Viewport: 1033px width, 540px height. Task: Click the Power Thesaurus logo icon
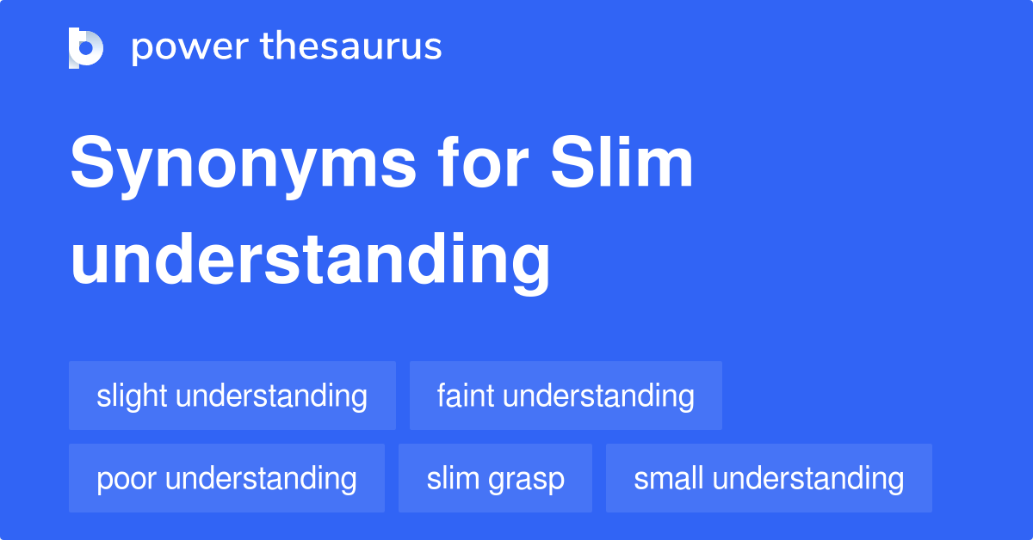86,47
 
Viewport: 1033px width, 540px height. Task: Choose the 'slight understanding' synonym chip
232,396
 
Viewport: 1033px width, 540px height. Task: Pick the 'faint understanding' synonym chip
566,396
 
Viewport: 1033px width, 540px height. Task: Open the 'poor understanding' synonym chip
226,478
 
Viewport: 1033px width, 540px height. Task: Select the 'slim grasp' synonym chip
495,478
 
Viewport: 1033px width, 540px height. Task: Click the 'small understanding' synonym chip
769,478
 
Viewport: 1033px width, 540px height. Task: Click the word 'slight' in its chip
131,396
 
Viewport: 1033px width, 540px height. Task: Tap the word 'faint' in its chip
466,396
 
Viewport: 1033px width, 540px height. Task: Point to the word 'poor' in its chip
127,478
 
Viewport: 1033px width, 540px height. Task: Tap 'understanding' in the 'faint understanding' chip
598,396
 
